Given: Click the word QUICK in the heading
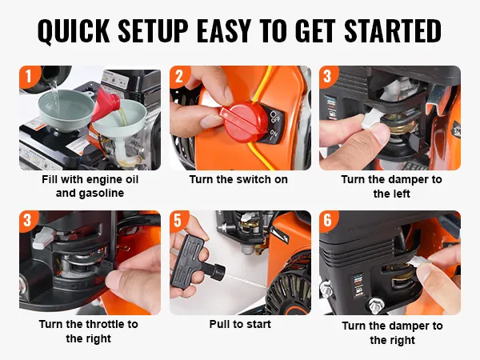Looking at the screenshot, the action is click(74, 30).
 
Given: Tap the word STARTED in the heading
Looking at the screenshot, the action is click(393, 30).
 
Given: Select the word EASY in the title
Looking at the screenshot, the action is click(224, 30).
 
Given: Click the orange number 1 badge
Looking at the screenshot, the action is click(29, 76).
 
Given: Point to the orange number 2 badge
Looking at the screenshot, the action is click(179, 76).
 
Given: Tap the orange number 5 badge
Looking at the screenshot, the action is click(178, 221).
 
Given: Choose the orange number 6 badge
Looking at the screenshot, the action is click(327, 220).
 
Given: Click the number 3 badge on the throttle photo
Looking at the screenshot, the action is click(27, 220).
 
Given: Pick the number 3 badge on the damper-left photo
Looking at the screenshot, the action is click(327, 75).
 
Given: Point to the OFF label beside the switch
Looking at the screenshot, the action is click(274, 118).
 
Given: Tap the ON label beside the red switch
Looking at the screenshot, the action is click(274, 134).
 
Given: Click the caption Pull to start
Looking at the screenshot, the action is click(240, 324).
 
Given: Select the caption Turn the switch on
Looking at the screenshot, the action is click(238, 179).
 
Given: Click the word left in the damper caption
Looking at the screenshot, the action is click(401, 194).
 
